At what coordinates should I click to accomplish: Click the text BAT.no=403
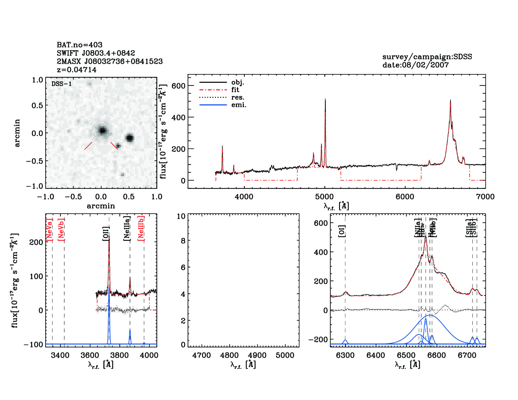tap(79, 45)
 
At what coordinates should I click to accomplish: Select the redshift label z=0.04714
tap(77, 70)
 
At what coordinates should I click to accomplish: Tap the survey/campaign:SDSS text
tap(427, 57)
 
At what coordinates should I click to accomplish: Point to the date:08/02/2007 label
tap(415, 65)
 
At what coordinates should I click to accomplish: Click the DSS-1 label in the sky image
tap(62, 84)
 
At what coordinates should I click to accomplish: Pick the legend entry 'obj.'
tap(237, 83)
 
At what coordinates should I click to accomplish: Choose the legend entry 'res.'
tap(237, 98)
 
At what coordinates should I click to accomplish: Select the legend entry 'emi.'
tap(239, 105)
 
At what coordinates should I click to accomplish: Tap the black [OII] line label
tap(106, 234)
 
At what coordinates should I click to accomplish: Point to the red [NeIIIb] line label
tap(141, 228)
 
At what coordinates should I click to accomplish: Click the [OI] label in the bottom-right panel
tap(342, 231)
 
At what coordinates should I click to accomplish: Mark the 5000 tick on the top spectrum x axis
tap(324, 197)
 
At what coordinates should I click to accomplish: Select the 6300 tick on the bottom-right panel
tap(345, 355)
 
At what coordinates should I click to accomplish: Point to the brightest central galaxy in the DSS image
tap(102, 130)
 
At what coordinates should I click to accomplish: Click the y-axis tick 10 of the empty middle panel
tap(181, 216)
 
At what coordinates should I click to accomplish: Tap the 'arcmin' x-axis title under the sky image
tap(101, 206)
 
